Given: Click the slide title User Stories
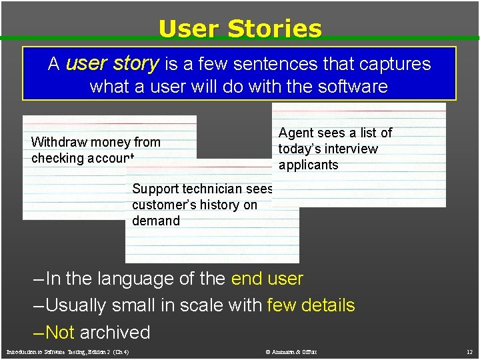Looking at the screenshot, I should [240, 29].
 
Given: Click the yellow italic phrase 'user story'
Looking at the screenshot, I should [112, 64].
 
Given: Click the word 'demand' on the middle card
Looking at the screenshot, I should [156, 221].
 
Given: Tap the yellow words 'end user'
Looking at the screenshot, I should [267, 279].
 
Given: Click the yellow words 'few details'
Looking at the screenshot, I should [311, 305].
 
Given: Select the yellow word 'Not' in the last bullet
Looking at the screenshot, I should [59, 332].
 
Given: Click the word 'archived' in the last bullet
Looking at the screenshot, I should [115, 332].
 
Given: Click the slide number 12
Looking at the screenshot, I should [469, 351].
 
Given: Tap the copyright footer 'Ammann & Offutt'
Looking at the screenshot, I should [291, 351].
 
